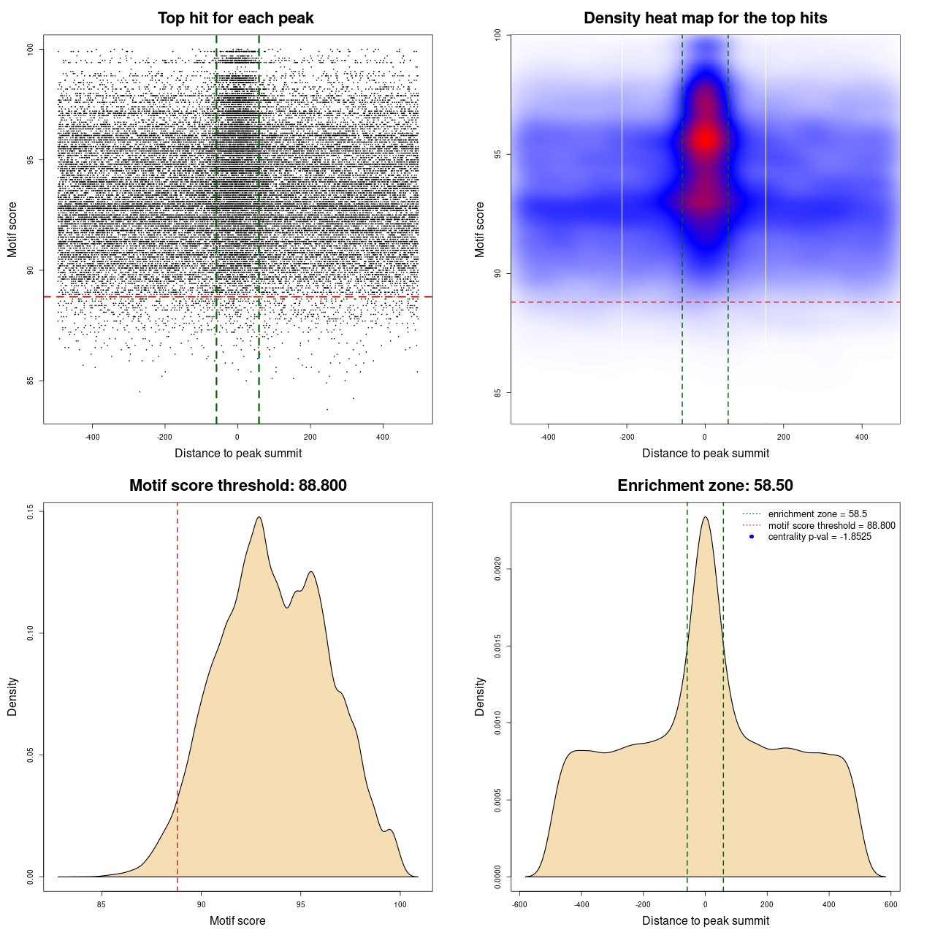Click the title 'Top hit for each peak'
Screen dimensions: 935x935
[236, 18]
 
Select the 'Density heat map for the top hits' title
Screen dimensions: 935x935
[705, 18]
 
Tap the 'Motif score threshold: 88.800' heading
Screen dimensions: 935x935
[237, 486]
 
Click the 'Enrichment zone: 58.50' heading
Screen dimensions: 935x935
[705, 486]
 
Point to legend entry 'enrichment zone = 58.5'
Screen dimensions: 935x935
[817, 514]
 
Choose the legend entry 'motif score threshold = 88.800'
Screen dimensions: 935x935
[831, 525]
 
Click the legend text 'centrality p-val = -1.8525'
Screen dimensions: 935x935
[820, 537]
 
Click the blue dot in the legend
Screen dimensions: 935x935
[752, 537]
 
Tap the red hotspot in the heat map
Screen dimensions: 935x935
[705, 138]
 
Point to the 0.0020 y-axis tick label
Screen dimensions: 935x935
[498, 569]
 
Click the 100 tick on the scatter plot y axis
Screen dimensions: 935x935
[31, 50]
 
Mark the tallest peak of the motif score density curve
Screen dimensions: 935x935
[259, 517]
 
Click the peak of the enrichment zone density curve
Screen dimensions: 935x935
[705, 517]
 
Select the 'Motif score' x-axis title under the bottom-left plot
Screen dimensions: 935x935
[237, 920]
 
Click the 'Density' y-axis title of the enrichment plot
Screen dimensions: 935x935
[480, 696]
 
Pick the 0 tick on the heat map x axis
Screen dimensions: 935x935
[705, 438]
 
